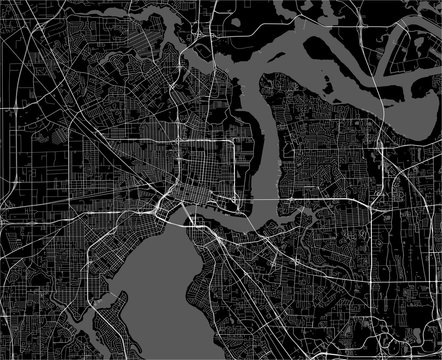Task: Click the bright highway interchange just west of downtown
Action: pos(160,204)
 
